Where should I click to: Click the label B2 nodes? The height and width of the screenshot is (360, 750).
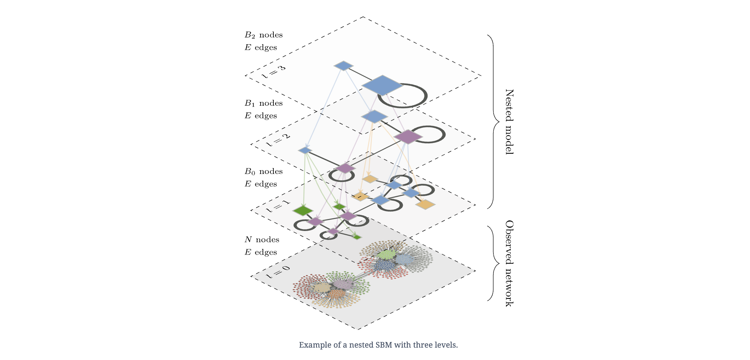(x=263, y=35)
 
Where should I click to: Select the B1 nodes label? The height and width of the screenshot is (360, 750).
(x=263, y=103)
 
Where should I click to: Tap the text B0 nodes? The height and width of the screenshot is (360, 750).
(x=263, y=171)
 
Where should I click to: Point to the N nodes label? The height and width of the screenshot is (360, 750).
(x=262, y=240)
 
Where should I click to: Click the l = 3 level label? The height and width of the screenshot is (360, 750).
(x=273, y=72)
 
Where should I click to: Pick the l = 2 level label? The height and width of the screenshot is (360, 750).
(x=278, y=139)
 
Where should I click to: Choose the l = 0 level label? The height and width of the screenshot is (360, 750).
(x=278, y=271)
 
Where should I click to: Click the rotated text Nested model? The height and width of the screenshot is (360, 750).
(x=509, y=121)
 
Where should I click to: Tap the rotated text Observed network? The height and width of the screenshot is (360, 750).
(x=509, y=263)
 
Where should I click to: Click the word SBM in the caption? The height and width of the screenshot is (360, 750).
(x=384, y=345)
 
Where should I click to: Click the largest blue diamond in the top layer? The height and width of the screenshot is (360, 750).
(x=382, y=85)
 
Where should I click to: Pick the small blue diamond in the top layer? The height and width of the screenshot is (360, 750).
(x=343, y=66)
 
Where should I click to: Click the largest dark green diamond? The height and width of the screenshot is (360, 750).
(x=303, y=211)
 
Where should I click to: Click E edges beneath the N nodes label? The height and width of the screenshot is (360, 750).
(x=261, y=252)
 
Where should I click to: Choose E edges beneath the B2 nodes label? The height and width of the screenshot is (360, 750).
(x=261, y=48)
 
